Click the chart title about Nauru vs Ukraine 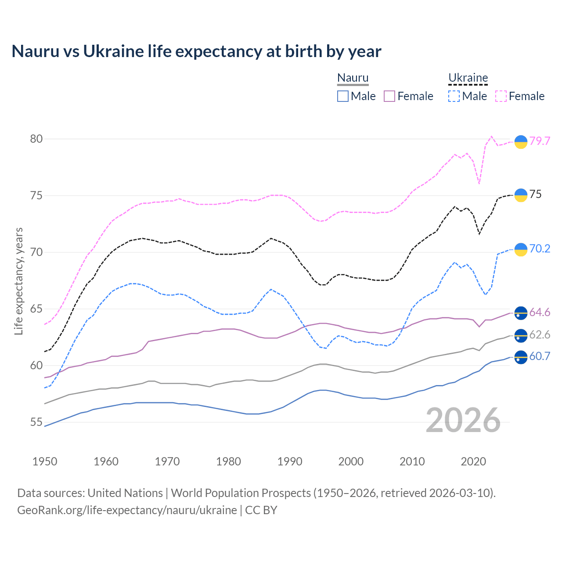(x=196, y=51)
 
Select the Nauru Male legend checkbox (x=343, y=96)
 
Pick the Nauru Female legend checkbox (x=389, y=96)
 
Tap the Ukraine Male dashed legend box (x=454, y=96)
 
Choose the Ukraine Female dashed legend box (x=501, y=96)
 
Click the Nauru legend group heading (x=353, y=78)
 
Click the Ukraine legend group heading (x=468, y=78)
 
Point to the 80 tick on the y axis (x=36, y=139)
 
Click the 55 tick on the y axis (x=36, y=422)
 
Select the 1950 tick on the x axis (x=45, y=461)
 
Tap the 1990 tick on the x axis (x=290, y=461)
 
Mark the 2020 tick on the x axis (x=473, y=461)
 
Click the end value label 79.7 (x=540, y=141)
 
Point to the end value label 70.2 (x=540, y=249)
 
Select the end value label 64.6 (x=540, y=312)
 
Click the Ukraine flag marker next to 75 (x=521, y=195)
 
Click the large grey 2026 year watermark (x=463, y=420)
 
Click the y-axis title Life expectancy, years (x=19, y=281)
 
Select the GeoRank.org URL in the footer (x=127, y=510)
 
